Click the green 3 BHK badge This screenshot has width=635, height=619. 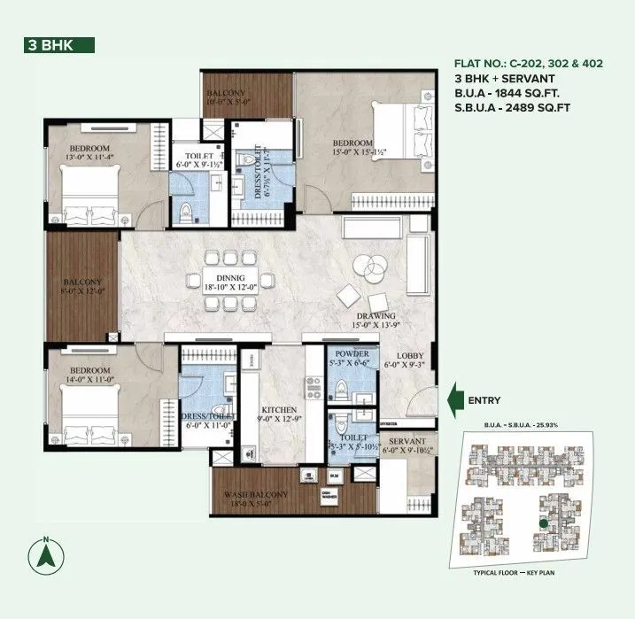59,46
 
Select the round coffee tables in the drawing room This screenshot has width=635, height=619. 366,266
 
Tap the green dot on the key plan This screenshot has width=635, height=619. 542,523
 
